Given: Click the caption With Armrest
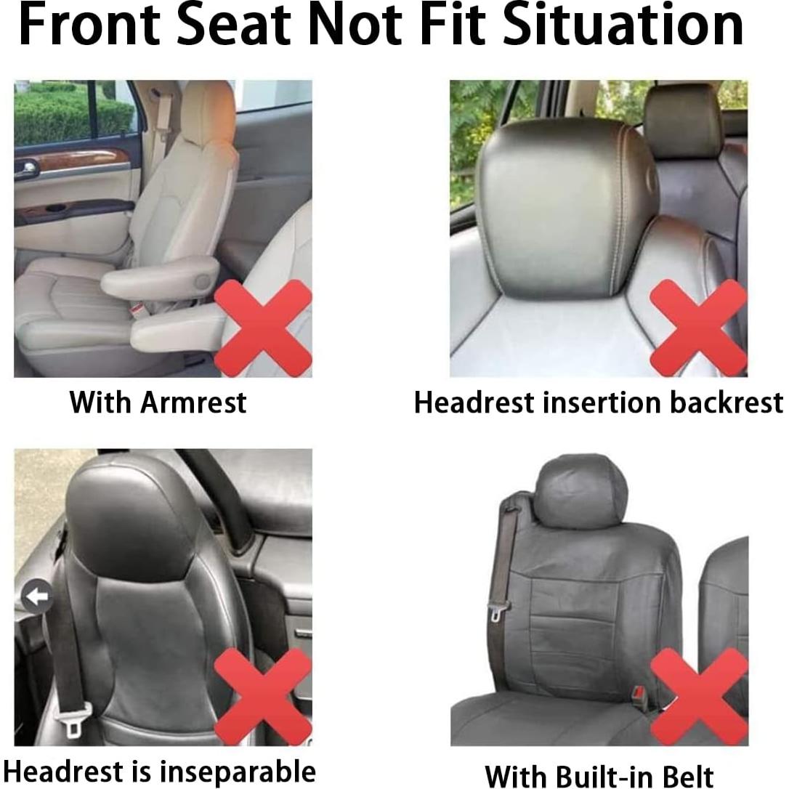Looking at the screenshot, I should click(x=158, y=402).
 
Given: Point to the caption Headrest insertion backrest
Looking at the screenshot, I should click(x=598, y=402).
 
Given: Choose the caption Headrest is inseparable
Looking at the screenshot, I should click(x=159, y=771).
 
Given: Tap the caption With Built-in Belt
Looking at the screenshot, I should click(x=599, y=774).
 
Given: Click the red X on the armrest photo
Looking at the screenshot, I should click(x=263, y=328).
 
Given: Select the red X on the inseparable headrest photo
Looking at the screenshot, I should click(x=263, y=696).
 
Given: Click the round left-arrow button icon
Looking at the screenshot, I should click(x=36, y=596).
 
